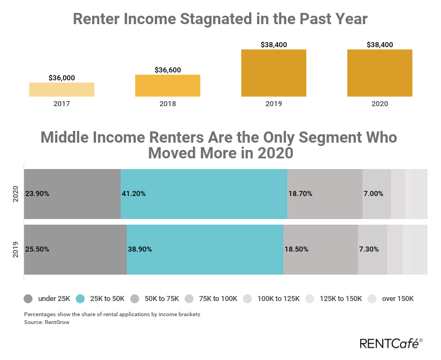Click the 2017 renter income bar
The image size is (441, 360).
click(62, 89)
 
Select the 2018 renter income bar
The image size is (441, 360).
click(168, 85)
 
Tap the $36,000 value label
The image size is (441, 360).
click(62, 78)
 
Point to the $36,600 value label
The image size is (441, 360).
click(168, 70)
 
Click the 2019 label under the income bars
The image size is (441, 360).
click(274, 104)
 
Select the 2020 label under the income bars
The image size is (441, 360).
click(380, 104)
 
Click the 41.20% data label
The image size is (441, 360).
click(134, 194)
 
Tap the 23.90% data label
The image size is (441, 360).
click(37, 194)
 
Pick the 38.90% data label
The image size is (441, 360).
click(140, 249)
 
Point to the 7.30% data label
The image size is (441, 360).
click(369, 249)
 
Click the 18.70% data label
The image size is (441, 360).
click(300, 194)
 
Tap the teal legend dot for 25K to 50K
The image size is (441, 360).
click(80, 298)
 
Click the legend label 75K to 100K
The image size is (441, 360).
click(218, 298)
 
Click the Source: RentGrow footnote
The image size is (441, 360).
click(47, 322)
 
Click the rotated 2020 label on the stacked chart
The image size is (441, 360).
click(16, 194)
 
